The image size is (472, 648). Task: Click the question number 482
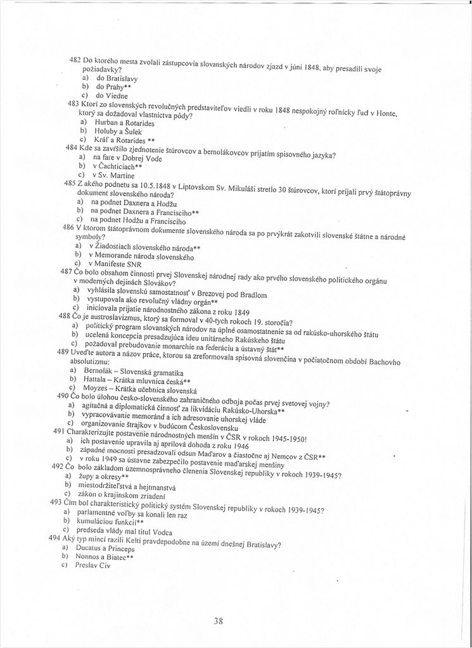point(75,59)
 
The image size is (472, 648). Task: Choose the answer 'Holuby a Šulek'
point(120,130)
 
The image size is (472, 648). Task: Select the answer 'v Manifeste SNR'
point(115,263)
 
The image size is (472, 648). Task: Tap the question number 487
point(66,270)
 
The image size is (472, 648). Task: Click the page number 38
point(218,621)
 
